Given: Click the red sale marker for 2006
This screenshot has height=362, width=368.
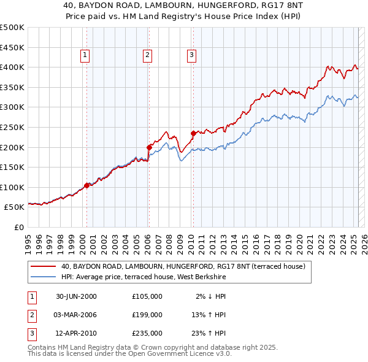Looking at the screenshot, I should click(x=149, y=147).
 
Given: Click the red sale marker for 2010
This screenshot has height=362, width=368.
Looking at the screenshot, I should click(x=193, y=133).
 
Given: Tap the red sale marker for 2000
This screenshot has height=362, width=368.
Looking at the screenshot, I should click(x=86, y=185).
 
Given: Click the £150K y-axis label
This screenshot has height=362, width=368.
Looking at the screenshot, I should click(x=12, y=167).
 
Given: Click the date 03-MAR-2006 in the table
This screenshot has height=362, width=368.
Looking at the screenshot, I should click(x=76, y=315).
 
